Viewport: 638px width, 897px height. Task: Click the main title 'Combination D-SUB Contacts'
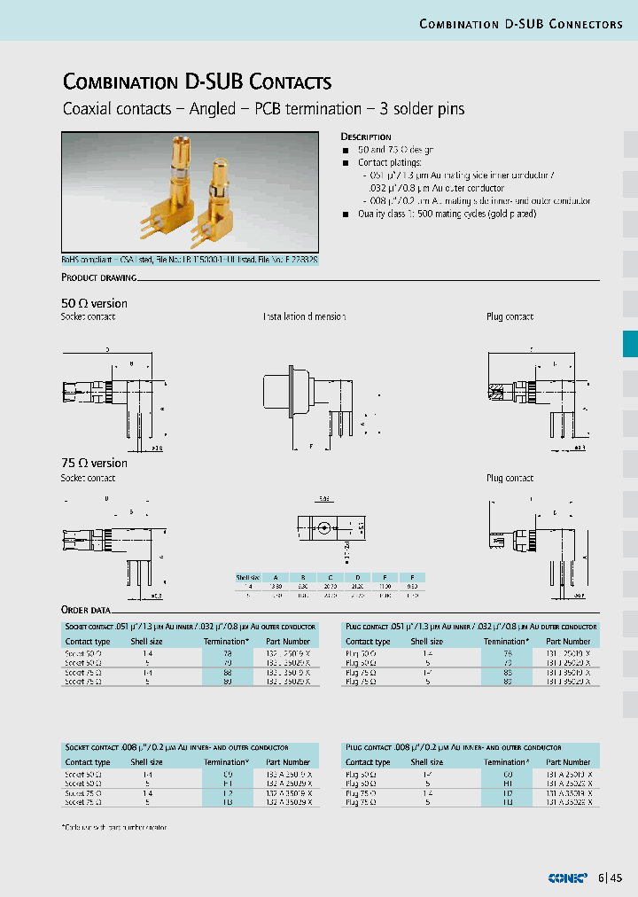(197, 82)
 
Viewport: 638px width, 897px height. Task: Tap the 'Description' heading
(366, 137)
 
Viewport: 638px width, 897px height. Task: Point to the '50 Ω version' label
(94, 303)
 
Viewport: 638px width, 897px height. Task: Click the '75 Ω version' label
(94, 463)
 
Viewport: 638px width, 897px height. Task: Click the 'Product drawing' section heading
(98, 277)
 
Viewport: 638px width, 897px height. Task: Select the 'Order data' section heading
(86, 610)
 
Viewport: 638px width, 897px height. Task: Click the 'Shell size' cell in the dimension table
(249, 577)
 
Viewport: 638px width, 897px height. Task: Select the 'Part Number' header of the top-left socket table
(288, 641)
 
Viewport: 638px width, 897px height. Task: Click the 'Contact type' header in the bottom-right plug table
(368, 761)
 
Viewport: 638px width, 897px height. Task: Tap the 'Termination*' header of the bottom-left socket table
(226, 761)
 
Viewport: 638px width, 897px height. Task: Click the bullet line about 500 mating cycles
(447, 214)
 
